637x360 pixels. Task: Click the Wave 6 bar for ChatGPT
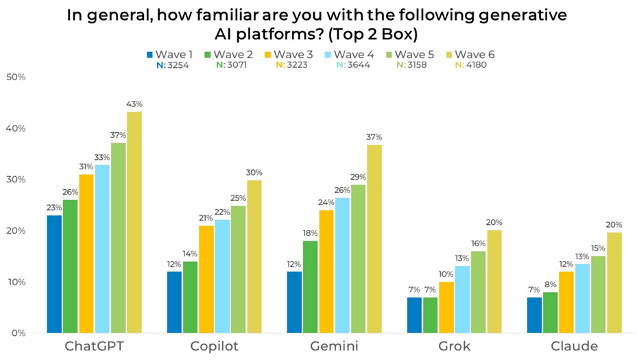(x=134, y=222)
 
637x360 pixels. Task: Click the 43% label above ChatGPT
(x=134, y=104)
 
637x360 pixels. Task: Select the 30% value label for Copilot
(x=254, y=172)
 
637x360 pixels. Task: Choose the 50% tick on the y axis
(x=16, y=77)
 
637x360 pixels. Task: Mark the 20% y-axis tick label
(x=16, y=231)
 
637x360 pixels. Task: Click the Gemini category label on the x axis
(x=333, y=346)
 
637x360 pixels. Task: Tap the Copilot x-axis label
(x=215, y=346)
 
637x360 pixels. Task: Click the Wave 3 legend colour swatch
(x=268, y=53)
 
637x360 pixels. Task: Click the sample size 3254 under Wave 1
(x=176, y=65)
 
